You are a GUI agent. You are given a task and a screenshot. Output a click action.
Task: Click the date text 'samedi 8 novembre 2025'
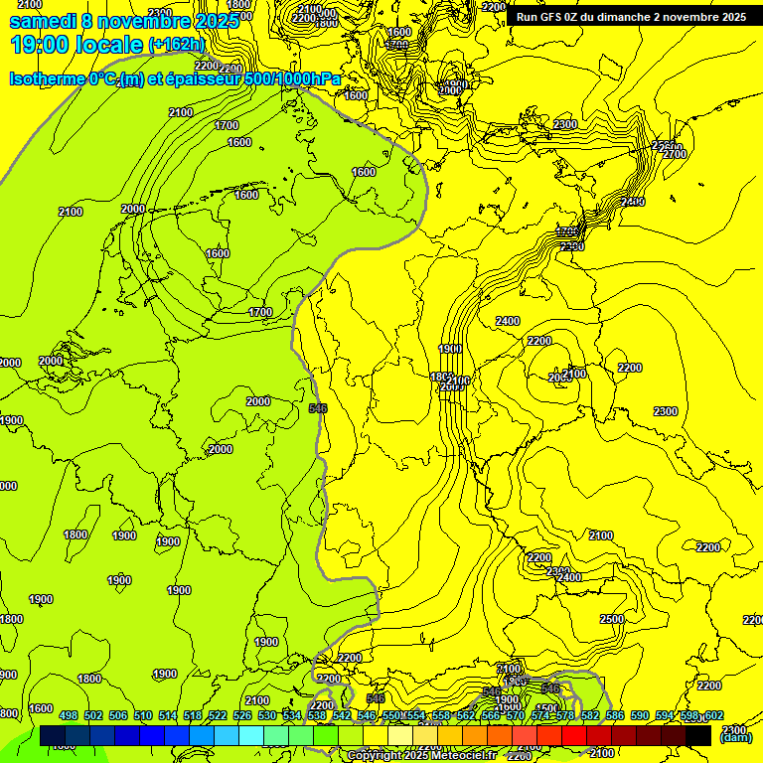tap(124, 21)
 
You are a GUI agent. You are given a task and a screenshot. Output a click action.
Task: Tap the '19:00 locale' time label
tap(76, 45)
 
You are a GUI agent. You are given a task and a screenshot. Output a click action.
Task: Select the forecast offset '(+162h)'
tap(176, 46)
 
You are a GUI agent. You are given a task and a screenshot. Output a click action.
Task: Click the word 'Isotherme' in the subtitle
tap(46, 79)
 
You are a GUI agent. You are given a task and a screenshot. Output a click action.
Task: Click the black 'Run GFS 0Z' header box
tap(631, 16)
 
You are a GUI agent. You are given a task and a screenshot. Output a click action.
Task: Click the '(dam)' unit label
tap(735, 737)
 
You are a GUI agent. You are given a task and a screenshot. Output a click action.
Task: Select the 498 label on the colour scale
tap(69, 715)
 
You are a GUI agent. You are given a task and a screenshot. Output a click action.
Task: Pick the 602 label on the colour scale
tap(713, 715)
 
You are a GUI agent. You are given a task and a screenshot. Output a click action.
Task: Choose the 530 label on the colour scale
tap(267, 715)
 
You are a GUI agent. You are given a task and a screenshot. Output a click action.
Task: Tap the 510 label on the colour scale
tap(143, 715)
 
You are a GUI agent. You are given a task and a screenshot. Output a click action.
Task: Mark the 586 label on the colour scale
tap(614, 715)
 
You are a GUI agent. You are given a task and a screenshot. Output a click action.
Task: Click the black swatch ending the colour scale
tap(698, 735)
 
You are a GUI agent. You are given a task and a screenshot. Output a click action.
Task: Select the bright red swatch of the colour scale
tap(574, 735)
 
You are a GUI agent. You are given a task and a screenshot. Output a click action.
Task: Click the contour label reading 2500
tap(611, 619)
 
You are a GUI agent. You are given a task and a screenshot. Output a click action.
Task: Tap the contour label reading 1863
tap(443, 377)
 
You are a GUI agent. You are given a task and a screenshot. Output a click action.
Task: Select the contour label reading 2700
tap(674, 154)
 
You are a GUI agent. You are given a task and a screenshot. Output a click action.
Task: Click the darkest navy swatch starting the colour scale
tap(53, 735)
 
